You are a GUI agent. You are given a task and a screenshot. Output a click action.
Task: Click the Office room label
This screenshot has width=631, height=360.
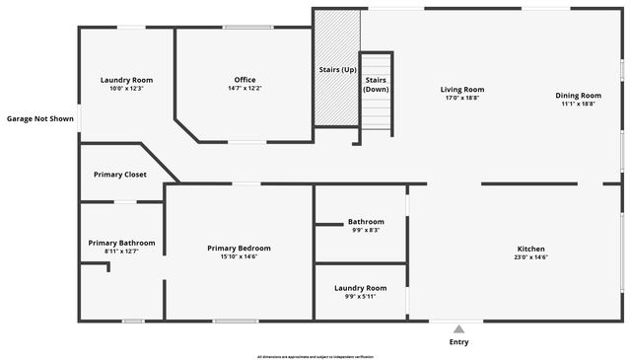click(x=245, y=80)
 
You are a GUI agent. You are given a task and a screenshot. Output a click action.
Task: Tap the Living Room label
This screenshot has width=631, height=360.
click(x=462, y=90)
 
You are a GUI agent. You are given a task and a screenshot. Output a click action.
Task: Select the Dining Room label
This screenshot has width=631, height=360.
click(x=579, y=95)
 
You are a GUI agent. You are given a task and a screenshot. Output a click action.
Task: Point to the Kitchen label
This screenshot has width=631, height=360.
click(x=531, y=249)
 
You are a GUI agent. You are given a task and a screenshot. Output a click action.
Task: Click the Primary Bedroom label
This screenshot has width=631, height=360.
click(x=239, y=249)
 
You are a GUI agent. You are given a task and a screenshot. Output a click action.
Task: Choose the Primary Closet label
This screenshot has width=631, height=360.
click(x=120, y=175)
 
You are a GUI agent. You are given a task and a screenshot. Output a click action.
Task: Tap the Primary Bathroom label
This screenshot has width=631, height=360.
click(x=121, y=243)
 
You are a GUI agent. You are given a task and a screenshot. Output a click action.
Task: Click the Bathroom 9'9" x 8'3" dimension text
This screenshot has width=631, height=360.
click(x=366, y=230)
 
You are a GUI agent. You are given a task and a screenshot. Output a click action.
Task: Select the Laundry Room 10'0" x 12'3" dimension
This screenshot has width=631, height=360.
click(x=126, y=89)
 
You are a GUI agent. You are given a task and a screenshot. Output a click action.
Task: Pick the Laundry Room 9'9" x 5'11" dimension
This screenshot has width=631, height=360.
click(x=360, y=296)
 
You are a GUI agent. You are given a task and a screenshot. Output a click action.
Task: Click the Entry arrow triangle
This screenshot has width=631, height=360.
click(x=458, y=329)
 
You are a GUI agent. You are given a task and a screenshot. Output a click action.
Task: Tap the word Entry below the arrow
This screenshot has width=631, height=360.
click(x=458, y=342)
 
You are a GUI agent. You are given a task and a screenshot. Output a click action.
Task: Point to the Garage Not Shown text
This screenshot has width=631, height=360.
click(x=40, y=118)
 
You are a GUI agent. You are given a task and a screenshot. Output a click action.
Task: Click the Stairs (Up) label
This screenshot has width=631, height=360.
click(x=337, y=70)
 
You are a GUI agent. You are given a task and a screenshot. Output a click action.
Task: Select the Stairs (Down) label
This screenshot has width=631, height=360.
click(x=376, y=84)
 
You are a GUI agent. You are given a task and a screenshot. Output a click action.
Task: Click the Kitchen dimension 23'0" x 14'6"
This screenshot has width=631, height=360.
click(x=531, y=257)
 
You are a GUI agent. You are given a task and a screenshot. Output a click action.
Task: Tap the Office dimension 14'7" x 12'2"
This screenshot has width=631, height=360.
click(x=245, y=89)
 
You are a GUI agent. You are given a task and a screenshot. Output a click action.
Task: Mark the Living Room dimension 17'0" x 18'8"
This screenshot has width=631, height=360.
click(x=462, y=99)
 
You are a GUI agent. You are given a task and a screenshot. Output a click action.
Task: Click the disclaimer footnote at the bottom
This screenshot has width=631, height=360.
click(x=315, y=356)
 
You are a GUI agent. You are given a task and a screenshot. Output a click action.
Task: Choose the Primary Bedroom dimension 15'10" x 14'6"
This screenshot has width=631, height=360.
click(x=239, y=257)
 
